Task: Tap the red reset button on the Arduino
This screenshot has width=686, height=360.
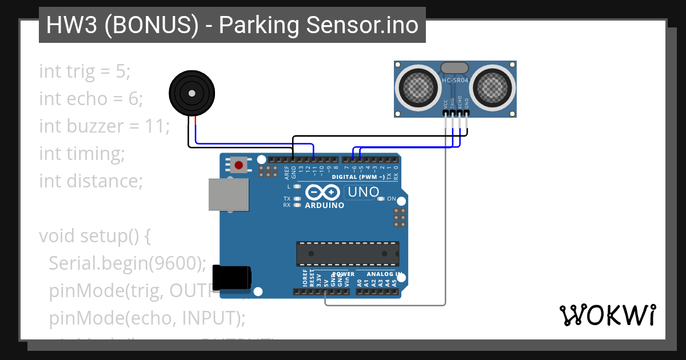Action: pyautogui.click(x=238, y=166)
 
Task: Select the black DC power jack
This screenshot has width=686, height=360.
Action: pyautogui.click(x=231, y=277)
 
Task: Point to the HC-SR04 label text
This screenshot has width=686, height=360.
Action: pyautogui.click(x=455, y=81)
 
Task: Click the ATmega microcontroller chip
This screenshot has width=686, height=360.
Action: pyautogui.click(x=347, y=254)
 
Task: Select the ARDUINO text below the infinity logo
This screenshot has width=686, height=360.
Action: pyautogui.click(x=325, y=205)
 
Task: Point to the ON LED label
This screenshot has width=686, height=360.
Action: pyautogui.click(x=392, y=199)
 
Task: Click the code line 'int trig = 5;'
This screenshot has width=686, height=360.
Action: pyautogui.click(x=85, y=71)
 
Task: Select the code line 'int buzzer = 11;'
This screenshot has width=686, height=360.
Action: pyautogui.click(x=105, y=126)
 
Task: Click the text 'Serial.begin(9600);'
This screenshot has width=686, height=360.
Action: pyautogui.click(x=127, y=263)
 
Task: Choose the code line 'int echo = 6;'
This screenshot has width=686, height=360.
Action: pyautogui.click(x=91, y=99)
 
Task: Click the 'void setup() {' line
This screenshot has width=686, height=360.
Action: pyautogui.click(x=95, y=235)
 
